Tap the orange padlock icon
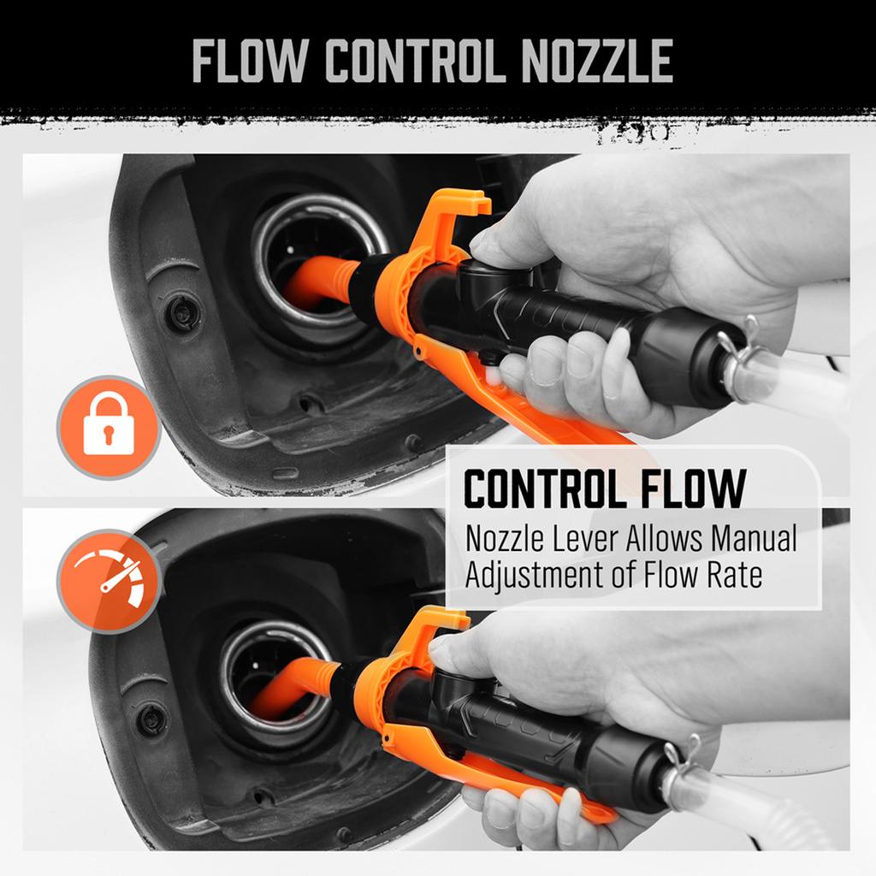tap(109, 426)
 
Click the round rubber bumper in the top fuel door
tap(182, 313)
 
